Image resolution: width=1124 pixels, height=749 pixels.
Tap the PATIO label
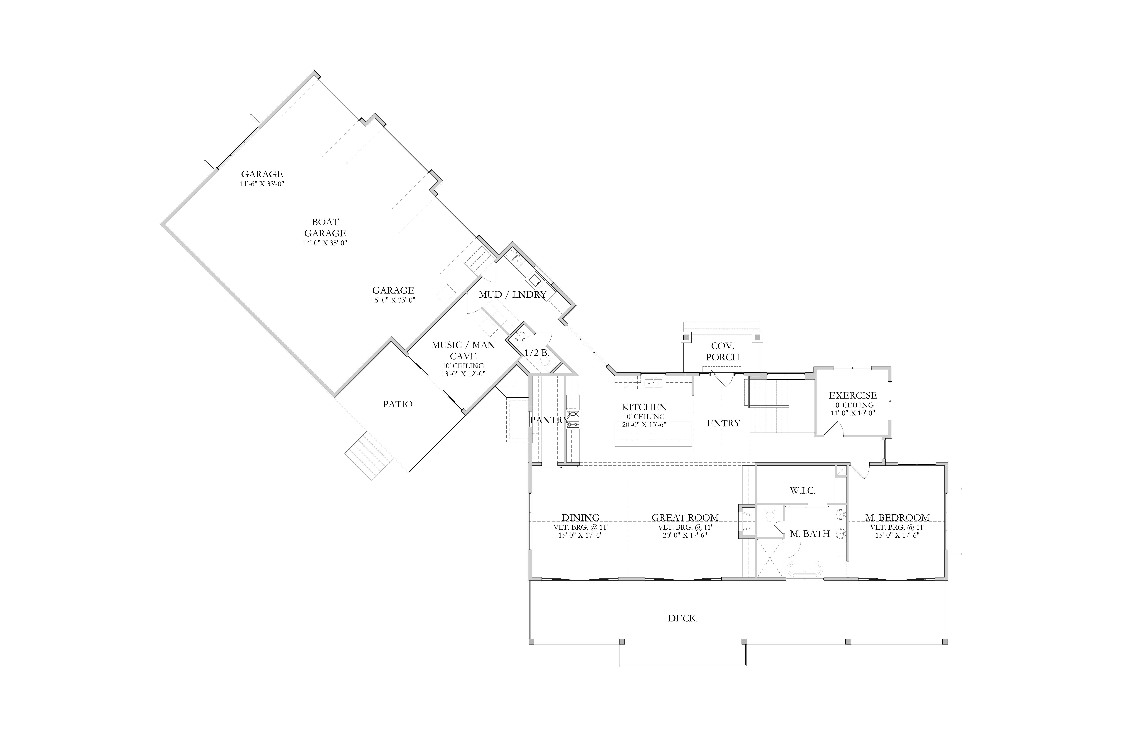pyautogui.click(x=398, y=404)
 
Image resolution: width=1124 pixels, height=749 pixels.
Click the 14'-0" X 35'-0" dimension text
pyautogui.click(x=325, y=243)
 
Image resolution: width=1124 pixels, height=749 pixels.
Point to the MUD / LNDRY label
pyautogui.click(x=512, y=295)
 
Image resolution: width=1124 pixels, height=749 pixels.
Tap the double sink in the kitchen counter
pyautogui.click(x=653, y=383)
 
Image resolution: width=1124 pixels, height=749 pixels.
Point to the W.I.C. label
pyautogui.click(x=802, y=491)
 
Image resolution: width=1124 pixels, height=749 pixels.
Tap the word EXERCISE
pyautogui.click(x=853, y=396)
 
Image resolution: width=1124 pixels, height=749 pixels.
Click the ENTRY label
pyautogui.click(x=724, y=423)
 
